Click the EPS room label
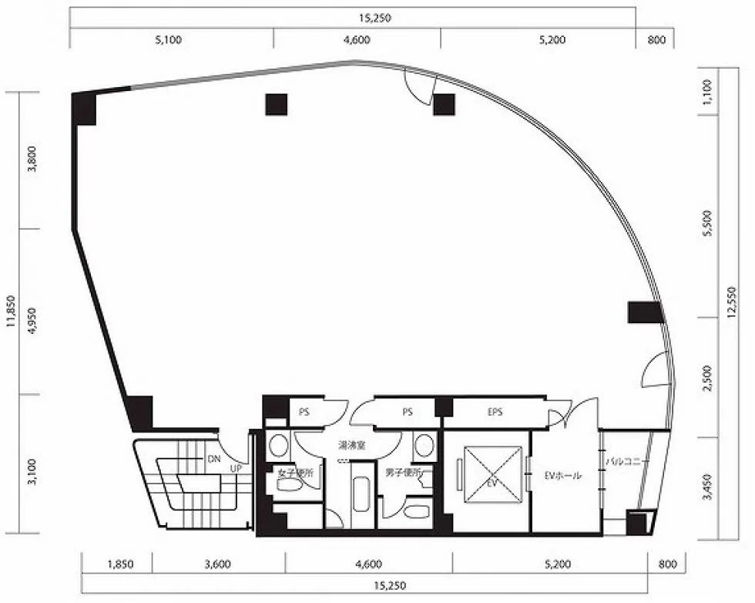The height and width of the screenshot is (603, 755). [495, 412]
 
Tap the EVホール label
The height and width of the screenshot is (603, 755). [563, 475]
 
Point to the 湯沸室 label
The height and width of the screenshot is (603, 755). [351, 445]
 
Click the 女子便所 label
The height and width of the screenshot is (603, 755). [296, 473]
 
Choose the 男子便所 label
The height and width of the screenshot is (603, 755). [403, 473]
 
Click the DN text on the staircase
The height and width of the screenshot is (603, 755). [214, 459]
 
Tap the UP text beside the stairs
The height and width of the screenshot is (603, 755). [236, 468]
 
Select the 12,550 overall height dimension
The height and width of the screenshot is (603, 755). [733, 302]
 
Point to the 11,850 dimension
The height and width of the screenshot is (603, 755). [11, 312]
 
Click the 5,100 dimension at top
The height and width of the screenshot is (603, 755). [169, 39]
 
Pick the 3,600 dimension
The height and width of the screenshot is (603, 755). [217, 564]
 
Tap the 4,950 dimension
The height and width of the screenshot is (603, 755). [32, 321]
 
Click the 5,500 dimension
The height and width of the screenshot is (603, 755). [707, 223]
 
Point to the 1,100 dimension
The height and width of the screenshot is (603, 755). [707, 92]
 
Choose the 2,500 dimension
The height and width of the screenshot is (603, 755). [707, 378]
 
